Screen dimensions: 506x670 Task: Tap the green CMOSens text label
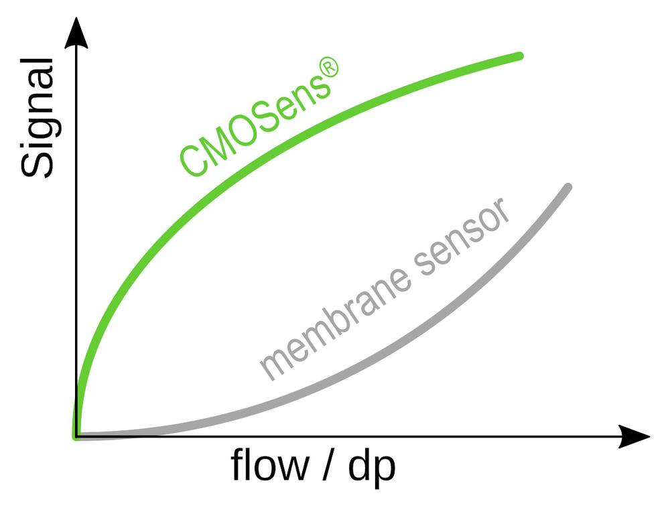tap(258, 121)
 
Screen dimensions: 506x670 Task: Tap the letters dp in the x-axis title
tap(372, 466)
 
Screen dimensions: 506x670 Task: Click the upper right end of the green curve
tap(519, 56)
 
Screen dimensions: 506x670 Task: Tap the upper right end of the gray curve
tap(567, 187)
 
